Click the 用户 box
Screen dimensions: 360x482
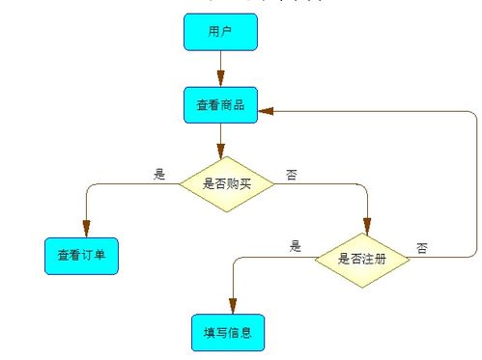click(x=220, y=32)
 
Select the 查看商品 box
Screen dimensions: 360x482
click(x=220, y=105)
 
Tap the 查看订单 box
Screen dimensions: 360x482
click(x=82, y=256)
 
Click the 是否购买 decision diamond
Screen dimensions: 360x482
click(x=227, y=181)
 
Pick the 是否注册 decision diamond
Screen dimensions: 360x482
click(x=363, y=258)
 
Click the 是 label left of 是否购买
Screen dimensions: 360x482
click(x=160, y=175)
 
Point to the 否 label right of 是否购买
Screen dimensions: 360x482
click(x=292, y=175)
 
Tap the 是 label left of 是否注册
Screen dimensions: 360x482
click(x=296, y=247)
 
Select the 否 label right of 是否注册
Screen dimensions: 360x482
click(x=422, y=248)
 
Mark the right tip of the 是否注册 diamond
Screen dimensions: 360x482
click(x=411, y=258)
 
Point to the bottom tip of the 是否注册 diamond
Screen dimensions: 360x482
click(x=363, y=288)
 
